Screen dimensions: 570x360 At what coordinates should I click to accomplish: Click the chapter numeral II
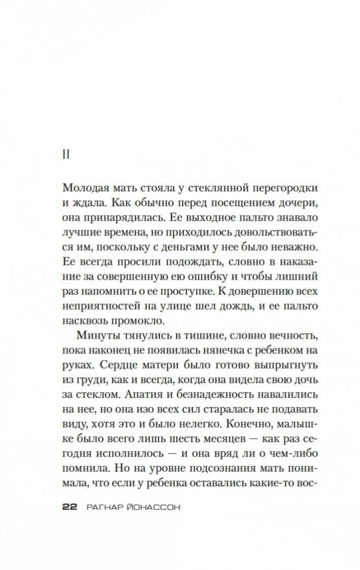click(65, 155)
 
